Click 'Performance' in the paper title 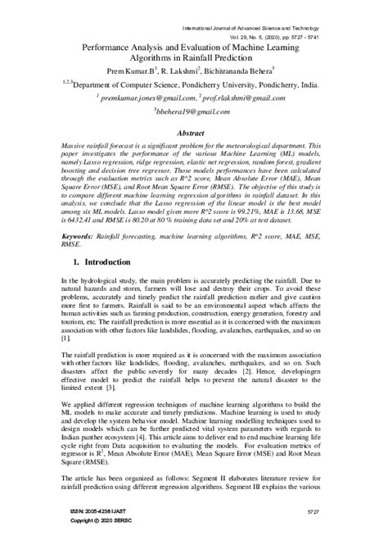114,48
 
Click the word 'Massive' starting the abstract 76,145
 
